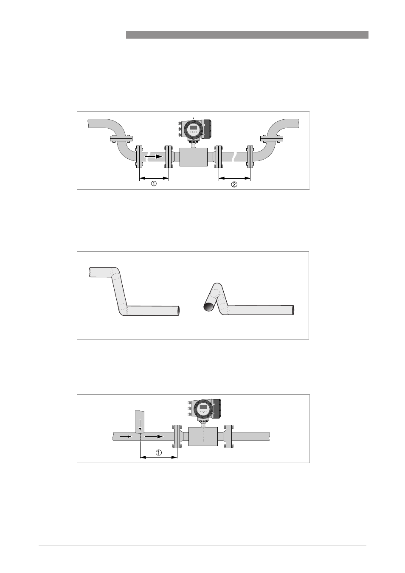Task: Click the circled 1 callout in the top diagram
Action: pyautogui.click(x=154, y=183)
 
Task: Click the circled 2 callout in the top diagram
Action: pyautogui.click(x=234, y=184)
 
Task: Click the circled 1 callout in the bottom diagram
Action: pyautogui.click(x=159, y=460)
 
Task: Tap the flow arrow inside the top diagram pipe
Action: pyautogui.click(x=153, y=156)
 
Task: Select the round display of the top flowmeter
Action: pyautogui.click(x=194, y=129)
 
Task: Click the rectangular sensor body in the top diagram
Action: pyautogui.click(x=194, y=157)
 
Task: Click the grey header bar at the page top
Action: pyautogui.click(x=247, y=35)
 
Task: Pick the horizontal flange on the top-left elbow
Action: pyautogui.click(x=121, y=138)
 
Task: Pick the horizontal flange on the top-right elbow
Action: pyautogui.click(x=271, y=138)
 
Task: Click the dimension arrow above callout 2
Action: pyautogui.click(x=234, y=178)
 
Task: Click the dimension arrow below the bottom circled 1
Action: pyautogui.click(x=159, y=464)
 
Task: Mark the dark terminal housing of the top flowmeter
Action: pyautogui.click(x=206, y=129)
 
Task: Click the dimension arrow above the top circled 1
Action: pyautogui.click(x=154, y=178)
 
